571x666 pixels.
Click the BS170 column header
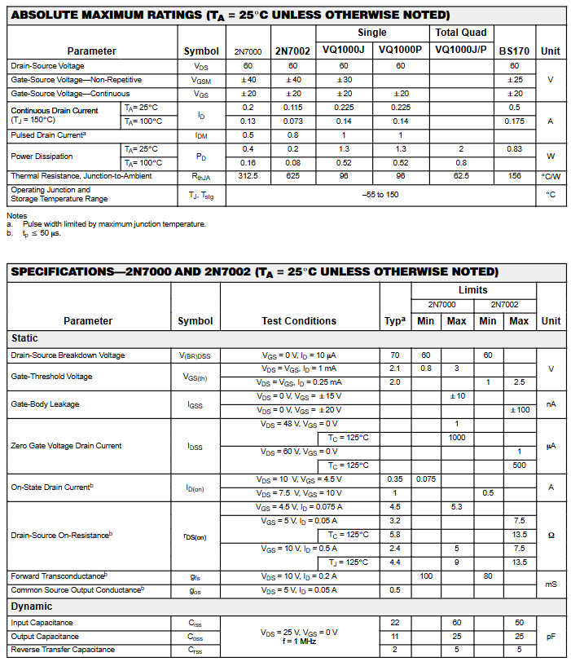[x=514, y=51]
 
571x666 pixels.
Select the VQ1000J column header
[x=345, y=50]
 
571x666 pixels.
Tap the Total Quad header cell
[x=460, y=33]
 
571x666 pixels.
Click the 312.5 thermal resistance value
[x=248, y=176]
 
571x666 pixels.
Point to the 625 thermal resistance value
[x=292, y=176]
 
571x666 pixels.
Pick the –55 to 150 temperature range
[x=380, y=195]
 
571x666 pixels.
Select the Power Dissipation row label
[x=42, y=156]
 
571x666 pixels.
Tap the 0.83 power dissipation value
[x=514, y=149]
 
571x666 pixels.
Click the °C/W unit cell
[x=551, y=176]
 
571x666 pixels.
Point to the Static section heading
[x=24, y=338]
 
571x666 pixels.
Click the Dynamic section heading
[x=32, y=606]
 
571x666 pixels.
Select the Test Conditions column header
[x=299, y=321]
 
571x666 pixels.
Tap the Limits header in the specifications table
[x=472, y=289]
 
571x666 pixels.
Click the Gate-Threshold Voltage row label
[x=51, y=377]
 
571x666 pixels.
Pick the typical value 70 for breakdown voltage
[x=395, y=355]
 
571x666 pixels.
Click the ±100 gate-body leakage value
[x=519, y=410]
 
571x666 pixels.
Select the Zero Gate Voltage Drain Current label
[x=66, y=446]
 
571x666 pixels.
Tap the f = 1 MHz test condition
[x=299, y=642]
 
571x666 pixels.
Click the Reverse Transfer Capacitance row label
[x=62, y=650]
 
